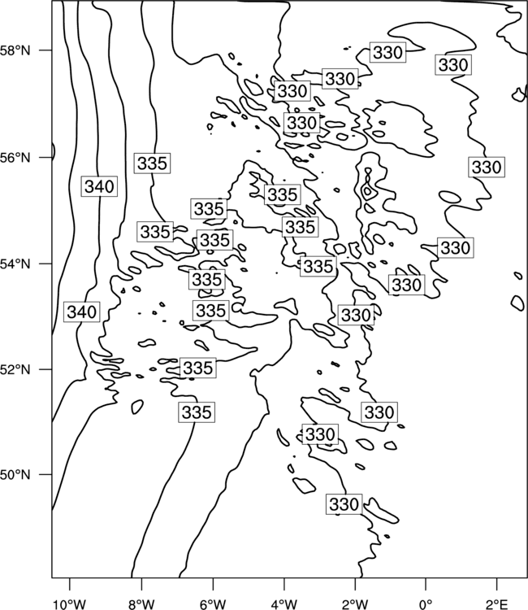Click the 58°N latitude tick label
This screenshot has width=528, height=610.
(x=15, y=50)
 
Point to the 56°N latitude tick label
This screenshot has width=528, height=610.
(x=15, y=158)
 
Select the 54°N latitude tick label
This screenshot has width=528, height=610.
(x=15, y=264)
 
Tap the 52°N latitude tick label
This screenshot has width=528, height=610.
(x=15, y=369)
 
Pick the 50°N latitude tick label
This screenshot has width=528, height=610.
(x=15, y=475)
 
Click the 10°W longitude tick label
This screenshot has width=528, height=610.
(x=70, y=604)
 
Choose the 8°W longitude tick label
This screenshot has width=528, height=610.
(x=141, y=604)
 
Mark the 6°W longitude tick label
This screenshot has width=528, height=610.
(x=213, y=604)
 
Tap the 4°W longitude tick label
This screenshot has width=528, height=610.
(x=284, y=604)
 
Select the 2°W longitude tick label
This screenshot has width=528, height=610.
(x=355, y=604)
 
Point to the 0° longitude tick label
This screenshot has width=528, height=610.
(x=426, y=604)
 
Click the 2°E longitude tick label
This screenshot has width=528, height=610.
(x=497, y=604)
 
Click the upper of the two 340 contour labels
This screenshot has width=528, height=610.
(x=99, y=186)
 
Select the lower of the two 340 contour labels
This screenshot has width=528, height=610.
(x=81, y=312)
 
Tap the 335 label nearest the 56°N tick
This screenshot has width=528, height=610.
(x=152, y=163)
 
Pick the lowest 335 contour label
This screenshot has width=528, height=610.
(x=197, y=412)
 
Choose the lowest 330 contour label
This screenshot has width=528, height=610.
(x=344, y=504)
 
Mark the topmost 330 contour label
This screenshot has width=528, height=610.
(x=387, y=52)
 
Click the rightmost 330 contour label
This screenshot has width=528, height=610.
(x=487, y=168)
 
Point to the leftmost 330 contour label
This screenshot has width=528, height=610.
(x=292, y=91)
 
